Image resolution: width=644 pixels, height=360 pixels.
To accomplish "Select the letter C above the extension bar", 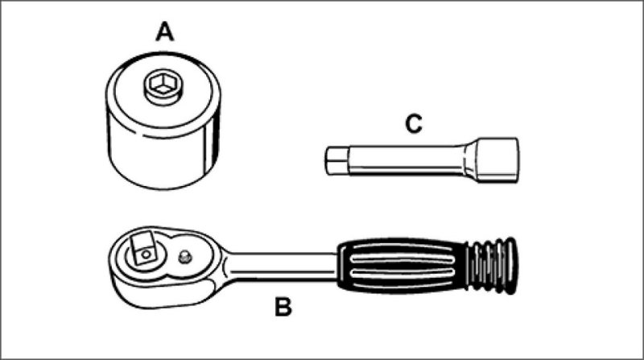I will pyautogui.click(x=412, y=124).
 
